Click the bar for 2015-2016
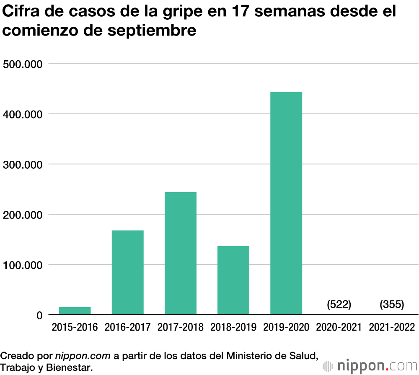tap(75, 311)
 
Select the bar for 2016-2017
tap(127, 272)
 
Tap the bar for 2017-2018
tap(180, 253)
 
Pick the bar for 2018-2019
tap(233, 280)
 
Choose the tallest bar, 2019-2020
tap(286, 203)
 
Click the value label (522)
tap(339, 304)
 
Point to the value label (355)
tap(392, 304)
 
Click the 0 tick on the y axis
tap(39, 315)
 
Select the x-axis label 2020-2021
tap(339, 327)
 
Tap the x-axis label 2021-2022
tap(392, 327)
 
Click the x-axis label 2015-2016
tap(75, 327)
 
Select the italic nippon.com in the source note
tap(83, 356)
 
